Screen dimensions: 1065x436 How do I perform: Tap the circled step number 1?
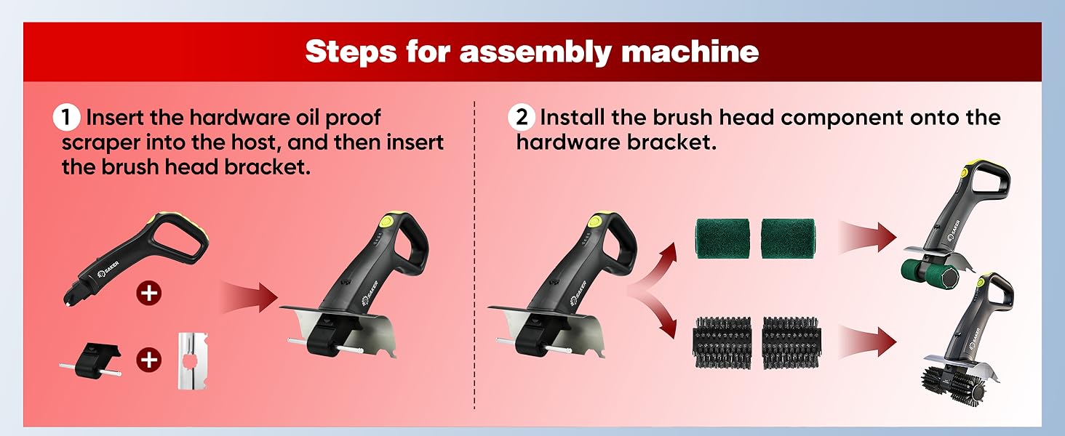[x=66, y=118]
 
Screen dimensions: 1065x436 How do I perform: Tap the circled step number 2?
[x=522, y=117]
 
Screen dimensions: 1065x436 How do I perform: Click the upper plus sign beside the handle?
[x=149, y=293]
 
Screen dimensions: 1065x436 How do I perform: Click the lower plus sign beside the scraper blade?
[x=149, y=360]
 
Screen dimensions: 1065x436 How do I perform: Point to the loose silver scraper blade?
[x=193, y=361]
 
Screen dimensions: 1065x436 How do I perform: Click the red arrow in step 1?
[x=249, y=297]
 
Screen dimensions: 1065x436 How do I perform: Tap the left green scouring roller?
[x=722, y=238]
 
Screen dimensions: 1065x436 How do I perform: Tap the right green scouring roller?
[x=788, y=238]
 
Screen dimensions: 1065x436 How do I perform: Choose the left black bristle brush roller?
[x=722, y=343]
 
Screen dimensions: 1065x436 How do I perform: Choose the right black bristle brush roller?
[x=791, y=343]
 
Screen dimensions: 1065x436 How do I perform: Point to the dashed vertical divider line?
[x=474, y=254]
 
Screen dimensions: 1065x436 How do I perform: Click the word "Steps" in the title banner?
[x=351, y=52]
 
